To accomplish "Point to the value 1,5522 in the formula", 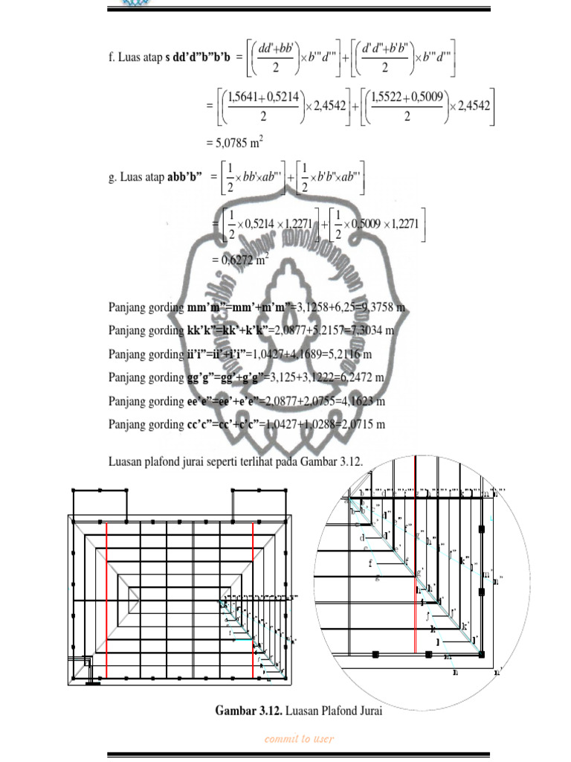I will pos(386,97).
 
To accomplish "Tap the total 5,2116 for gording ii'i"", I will pos(361,354).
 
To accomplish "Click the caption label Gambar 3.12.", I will pos(248,711).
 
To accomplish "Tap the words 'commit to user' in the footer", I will pos(298,739).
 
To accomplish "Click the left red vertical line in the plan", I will pos(106,599).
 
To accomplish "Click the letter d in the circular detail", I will pos(362,537).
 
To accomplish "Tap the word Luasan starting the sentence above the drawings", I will pos(126,462).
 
